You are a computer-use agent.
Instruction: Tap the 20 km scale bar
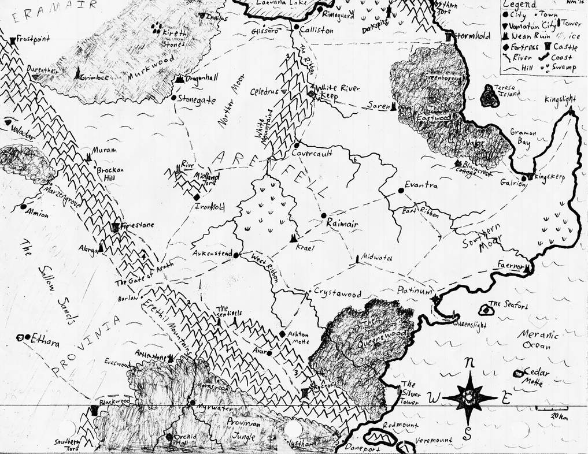(550, 408)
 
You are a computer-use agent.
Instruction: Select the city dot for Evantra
(400, 190)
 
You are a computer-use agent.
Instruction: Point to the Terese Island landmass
(491, 99)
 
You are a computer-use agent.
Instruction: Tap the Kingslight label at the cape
(560, 99)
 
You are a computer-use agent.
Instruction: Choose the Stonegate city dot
(174, 98)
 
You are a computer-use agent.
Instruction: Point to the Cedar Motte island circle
(518, 373)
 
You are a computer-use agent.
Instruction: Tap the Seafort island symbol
(487, 311)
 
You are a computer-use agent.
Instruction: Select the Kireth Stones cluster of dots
(157, 28)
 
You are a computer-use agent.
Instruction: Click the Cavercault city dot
(296, 145)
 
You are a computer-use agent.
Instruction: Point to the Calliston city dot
(295, 27)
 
